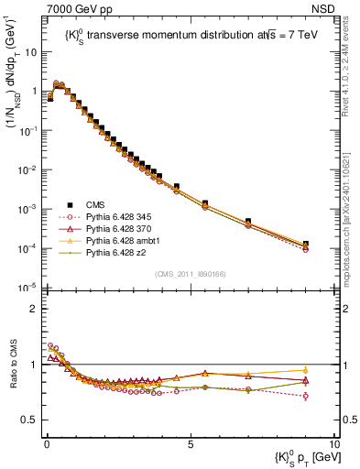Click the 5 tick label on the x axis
coord(189,442)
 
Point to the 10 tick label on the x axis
coord(333,442)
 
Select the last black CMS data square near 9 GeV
coord(305,245)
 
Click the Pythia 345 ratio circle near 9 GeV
coord(305,396)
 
